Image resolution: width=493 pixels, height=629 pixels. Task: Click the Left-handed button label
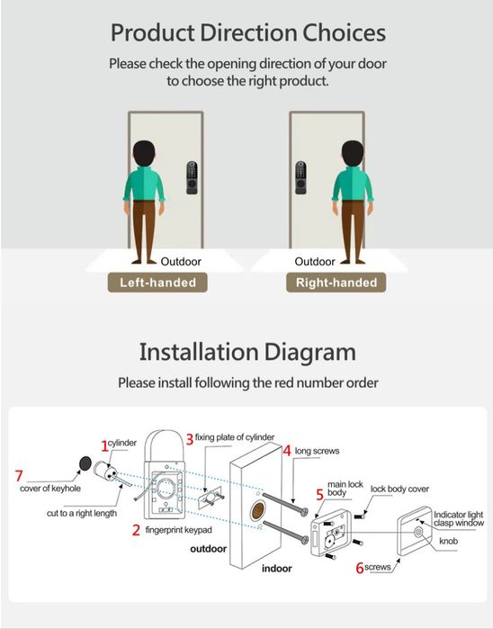(157, 282)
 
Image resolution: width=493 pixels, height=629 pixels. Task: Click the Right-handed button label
(336, 282)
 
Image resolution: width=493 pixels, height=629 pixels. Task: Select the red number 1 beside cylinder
(104, 445)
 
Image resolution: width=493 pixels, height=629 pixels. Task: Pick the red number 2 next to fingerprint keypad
(136, 531)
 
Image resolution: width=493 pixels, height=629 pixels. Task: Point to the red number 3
(190, 438)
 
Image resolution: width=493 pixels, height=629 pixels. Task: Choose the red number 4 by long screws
(287, 450)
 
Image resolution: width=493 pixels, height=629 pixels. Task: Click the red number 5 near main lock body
(319, 494)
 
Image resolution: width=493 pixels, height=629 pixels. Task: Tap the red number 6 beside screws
(359, 568)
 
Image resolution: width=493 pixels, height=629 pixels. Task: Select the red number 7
(19, 475)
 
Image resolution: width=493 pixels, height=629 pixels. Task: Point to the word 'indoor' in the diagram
(277, 569)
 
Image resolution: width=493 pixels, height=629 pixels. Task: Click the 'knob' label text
(448, 542)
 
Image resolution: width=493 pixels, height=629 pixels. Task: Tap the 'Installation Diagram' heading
(246, 351)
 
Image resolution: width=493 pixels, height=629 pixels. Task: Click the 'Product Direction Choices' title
(246, 33)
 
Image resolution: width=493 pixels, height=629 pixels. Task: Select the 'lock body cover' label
(399, 489)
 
